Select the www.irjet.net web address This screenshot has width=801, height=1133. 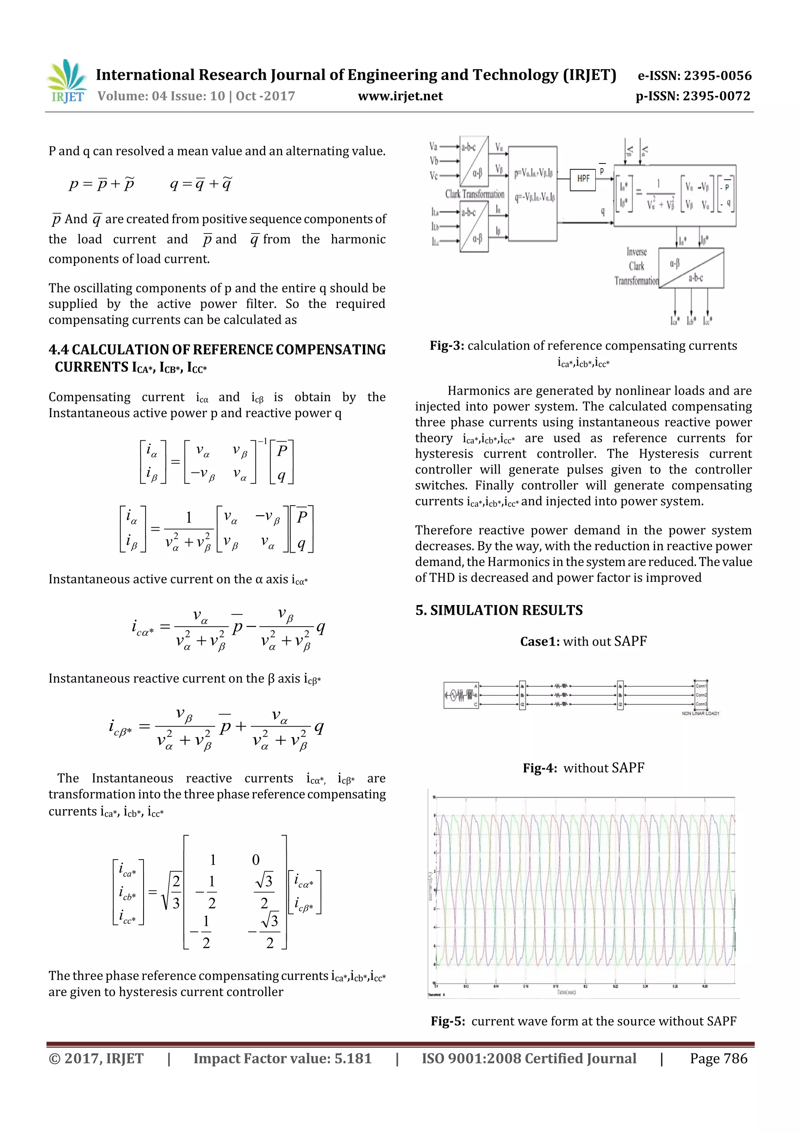pyautogui.click(x=400, y=96)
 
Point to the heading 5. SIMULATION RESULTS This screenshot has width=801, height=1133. pyautogui.click(x=498, y=610)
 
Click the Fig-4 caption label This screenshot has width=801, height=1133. pyautogui.click(x=540, y=768)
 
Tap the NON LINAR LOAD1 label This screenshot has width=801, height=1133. pyautogui.click(x=700, y=714)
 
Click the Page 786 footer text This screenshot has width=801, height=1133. pyautogui.click(x=718, y=1058)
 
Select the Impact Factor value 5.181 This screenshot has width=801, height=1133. pyautogui.click(x=353, y=1058)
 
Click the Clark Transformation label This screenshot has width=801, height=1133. pyautogui.click(x=475, y=194)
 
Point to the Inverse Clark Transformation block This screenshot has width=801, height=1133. pyautogui.click(x=691, y=268)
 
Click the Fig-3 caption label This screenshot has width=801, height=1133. pyautogui.click(x=447, y=345)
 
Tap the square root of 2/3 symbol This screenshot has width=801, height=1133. pyautogui.click(x=172, y=892)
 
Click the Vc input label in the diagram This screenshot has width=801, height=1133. pyautogui.click(x=433, y=176)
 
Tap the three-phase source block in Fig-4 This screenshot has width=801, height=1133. pyautogui.click(x=460, y=695)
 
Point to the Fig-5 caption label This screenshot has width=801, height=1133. pyautogui.click(x=447, y=1021)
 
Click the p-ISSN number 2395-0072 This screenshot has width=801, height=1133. pyautogui.click(x=717, y=96)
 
